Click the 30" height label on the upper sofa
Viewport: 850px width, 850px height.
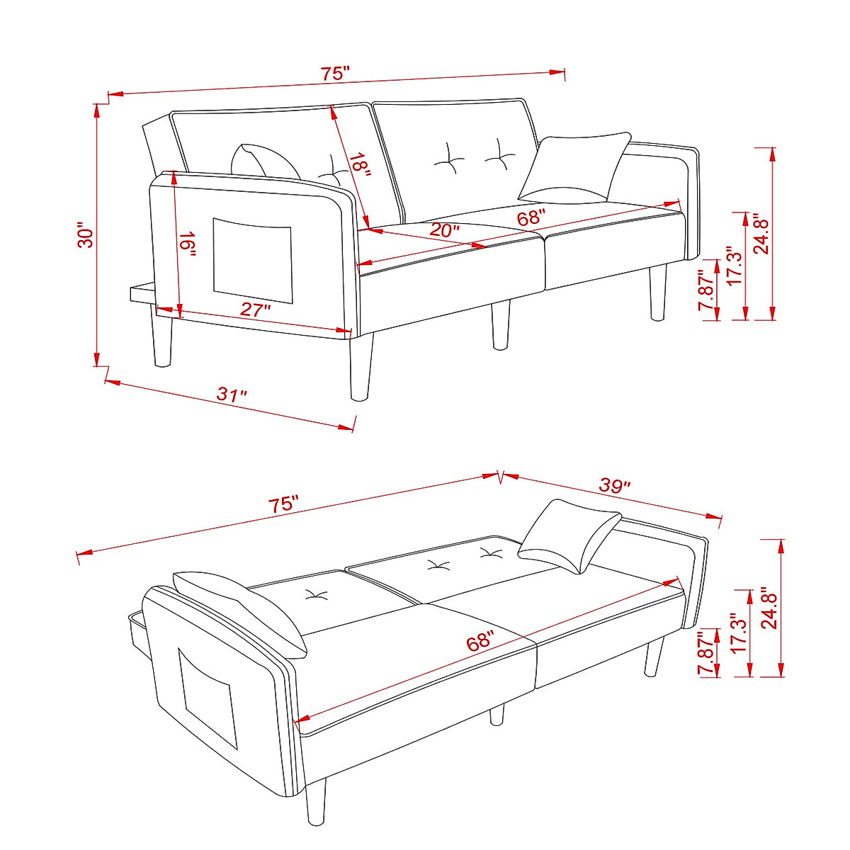click(x=86, y=237)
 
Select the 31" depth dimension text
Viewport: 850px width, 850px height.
click(x=232, y=395)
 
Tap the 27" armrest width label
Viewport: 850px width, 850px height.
click(x=256, y=310)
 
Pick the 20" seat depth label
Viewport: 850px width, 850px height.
click(x=444, y=230)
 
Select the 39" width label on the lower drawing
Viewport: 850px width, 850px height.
click(x=614, y=486)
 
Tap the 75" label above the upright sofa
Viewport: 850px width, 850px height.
click(x=335, y=73)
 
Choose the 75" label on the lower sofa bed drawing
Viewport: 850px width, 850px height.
click(x=283, y=505)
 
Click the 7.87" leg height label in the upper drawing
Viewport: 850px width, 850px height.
click(x=705, y=290)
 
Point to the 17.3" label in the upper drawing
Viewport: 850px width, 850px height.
click(x=735, y=265)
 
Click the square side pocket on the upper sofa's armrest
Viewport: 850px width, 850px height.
click(x=252, y=259)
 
